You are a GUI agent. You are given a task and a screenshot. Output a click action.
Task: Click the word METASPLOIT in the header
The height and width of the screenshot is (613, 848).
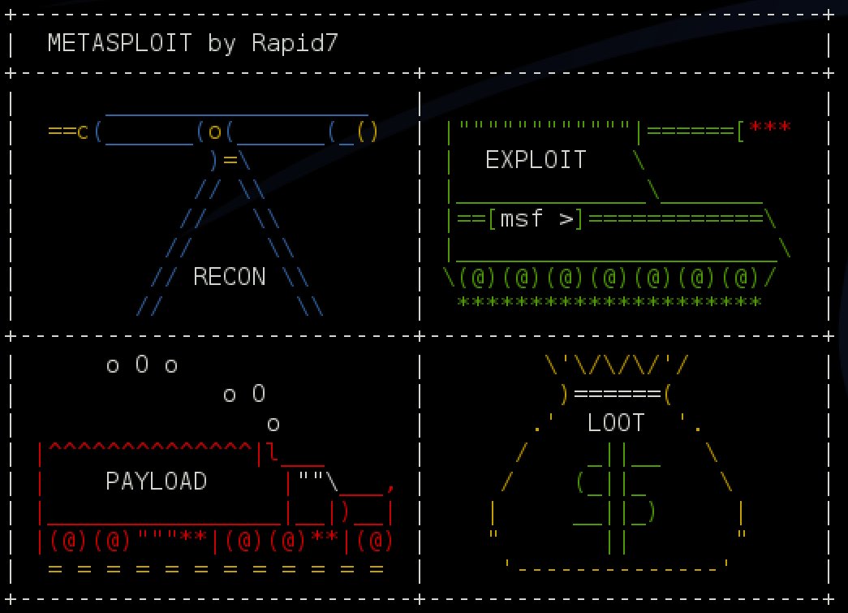119,43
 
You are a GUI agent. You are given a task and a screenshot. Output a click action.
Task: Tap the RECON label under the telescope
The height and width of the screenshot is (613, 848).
229,277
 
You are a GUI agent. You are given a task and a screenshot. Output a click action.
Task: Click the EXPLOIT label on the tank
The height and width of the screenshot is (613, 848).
536,160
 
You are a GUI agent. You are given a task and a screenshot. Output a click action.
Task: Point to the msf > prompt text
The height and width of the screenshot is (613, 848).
536,219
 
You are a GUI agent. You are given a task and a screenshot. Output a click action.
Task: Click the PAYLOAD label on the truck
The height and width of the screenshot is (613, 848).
156,481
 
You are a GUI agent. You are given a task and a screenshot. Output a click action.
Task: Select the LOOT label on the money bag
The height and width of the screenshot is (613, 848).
616,423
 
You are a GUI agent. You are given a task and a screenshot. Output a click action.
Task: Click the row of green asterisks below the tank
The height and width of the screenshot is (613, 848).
609,303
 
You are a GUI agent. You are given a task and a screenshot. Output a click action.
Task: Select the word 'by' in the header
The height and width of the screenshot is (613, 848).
221,43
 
